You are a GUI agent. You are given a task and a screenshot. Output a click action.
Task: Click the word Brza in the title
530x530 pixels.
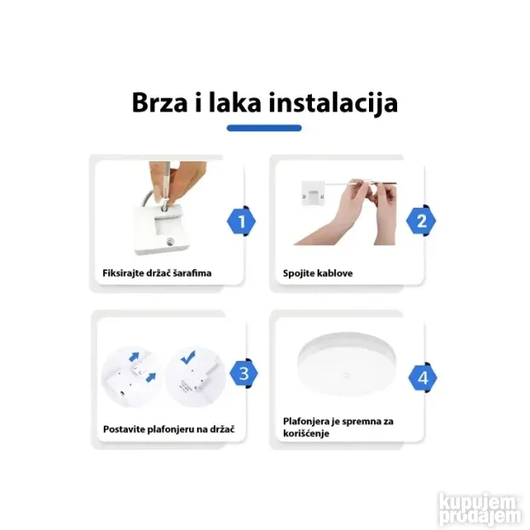pos(161,102)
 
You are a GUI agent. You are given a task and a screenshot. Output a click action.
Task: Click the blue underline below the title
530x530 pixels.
pos(264,129)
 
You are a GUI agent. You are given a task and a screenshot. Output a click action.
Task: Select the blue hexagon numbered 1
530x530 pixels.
pos(242,222)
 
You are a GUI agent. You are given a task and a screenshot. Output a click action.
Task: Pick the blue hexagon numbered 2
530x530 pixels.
pos(420,222)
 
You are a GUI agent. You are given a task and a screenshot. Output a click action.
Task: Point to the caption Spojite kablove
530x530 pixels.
pos(318,274)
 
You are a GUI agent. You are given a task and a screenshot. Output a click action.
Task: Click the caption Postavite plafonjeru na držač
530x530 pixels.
pos(162,428)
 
